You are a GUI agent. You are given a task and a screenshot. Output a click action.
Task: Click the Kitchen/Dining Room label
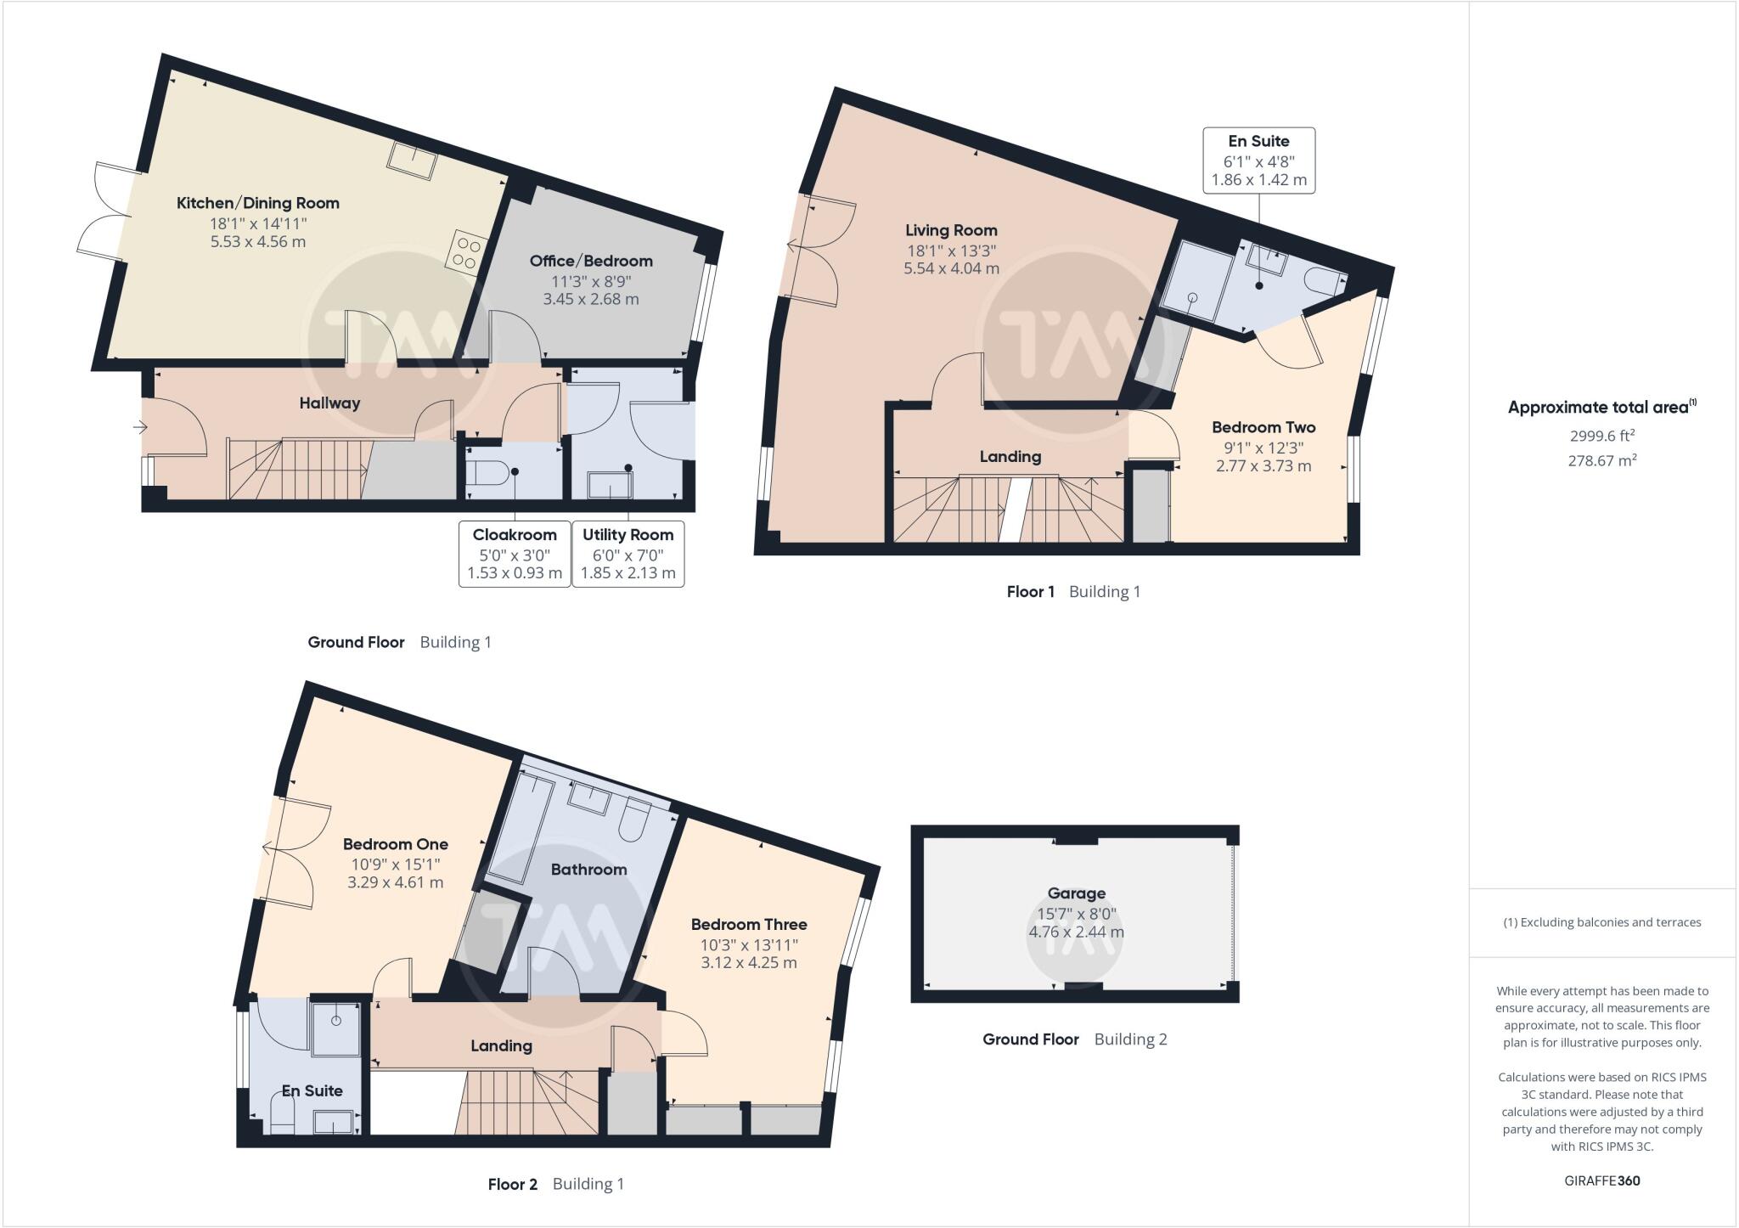pyautogui.click(x=257, y=203)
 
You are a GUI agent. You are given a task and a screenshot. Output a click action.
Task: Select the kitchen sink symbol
pyautogui.click(x=414, y=161)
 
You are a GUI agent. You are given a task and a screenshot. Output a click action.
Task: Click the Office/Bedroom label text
pyautogui.click(x=591, y=262)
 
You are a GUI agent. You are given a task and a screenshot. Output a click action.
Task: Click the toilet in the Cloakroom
pyautogui.click(x=490, y=471)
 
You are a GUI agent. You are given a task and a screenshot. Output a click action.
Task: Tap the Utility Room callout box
pyautogui.click(x=628, y=554)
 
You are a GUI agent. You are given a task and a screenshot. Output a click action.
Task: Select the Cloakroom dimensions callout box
pyautogui.click(x=515, y=554)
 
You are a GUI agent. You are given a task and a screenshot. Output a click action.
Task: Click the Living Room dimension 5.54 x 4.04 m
pyautogui.click(x=951, y=268)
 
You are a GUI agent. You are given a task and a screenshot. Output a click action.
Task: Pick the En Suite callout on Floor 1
pyautogui.click(x=1258, y=161)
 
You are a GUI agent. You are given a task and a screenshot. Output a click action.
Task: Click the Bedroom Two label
pyautogui.click(x=1263, y=427)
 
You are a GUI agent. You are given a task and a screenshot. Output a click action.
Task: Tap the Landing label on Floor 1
pyautogui.click(x=1010, y=457)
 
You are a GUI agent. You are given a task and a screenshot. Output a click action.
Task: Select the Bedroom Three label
pyautogui.click(x=749, y=925)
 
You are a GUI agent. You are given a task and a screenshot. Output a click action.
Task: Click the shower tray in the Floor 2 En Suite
pyautogui.click(x=337, y=1028)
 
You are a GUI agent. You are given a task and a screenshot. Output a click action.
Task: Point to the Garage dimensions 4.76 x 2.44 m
pyautogui.click(x=1076, y=932)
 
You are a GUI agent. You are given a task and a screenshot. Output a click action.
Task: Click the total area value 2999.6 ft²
pyautogui.click(x=1601, y=437)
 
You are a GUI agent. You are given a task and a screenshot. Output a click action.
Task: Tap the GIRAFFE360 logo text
pyautogui.click(x=1601, y=1180)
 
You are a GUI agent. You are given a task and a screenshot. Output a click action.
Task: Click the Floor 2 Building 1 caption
pyautogui.click(x=555, y=1184)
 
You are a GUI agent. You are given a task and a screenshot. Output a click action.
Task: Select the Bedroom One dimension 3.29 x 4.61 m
pyautogui.click(x=395, y=882)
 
